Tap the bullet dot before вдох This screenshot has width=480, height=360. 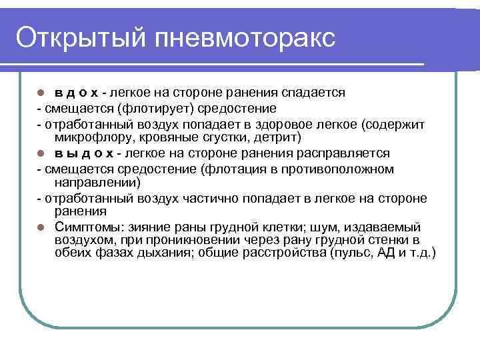(x=41, y=93)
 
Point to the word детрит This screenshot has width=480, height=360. (x=281, y=137)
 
